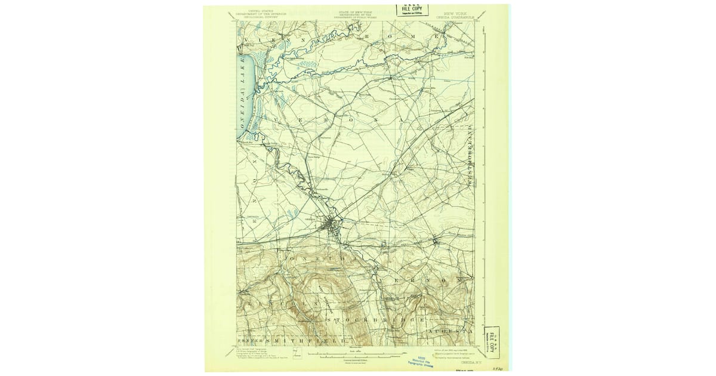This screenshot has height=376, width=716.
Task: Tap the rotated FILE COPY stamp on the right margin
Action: pyautogui.click(x=493, y=335)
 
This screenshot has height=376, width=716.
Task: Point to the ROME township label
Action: pyautogui.click(x=406, y=38)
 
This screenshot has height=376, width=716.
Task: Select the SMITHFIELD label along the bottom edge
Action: pyautogui.click(x=298, y=340)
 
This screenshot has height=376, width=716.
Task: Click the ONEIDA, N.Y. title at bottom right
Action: pyautogui.click(x=468, y=361)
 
